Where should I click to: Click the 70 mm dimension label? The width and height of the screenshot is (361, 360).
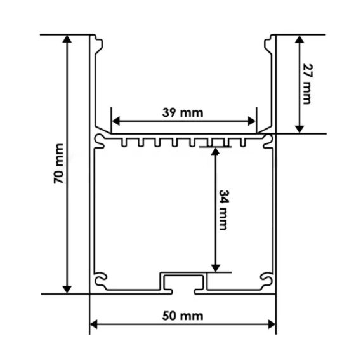(x=58, y=164)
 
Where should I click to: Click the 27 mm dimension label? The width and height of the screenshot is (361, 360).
(x=308, y=84)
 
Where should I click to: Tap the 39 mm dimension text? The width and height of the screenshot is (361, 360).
(x=183, y=113)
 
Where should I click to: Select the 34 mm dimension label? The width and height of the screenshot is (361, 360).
(x=223, y=210)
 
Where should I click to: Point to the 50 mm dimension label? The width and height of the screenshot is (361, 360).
(x=183, y=316)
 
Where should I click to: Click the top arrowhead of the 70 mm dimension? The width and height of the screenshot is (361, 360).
(x=67, y=39)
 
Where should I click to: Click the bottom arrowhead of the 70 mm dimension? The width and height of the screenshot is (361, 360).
(x=67, y=290)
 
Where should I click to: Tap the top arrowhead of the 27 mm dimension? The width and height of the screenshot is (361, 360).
(x=299, y=39)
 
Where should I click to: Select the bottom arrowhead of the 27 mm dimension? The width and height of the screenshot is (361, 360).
(x=299, y=129)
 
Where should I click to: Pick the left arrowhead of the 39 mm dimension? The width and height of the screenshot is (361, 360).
(x=116, y=121)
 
